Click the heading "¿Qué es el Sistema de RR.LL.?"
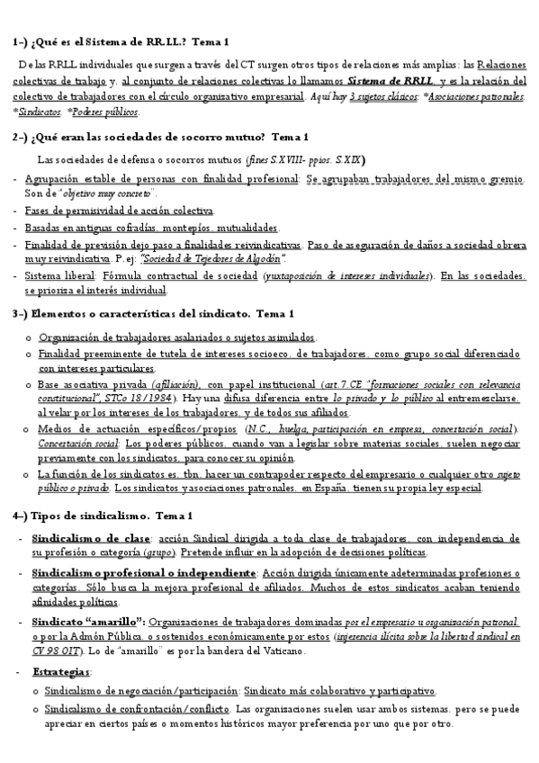[x=108, y=42]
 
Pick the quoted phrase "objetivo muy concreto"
[x=113, y=193]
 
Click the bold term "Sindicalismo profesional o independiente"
[x=143, y=572]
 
